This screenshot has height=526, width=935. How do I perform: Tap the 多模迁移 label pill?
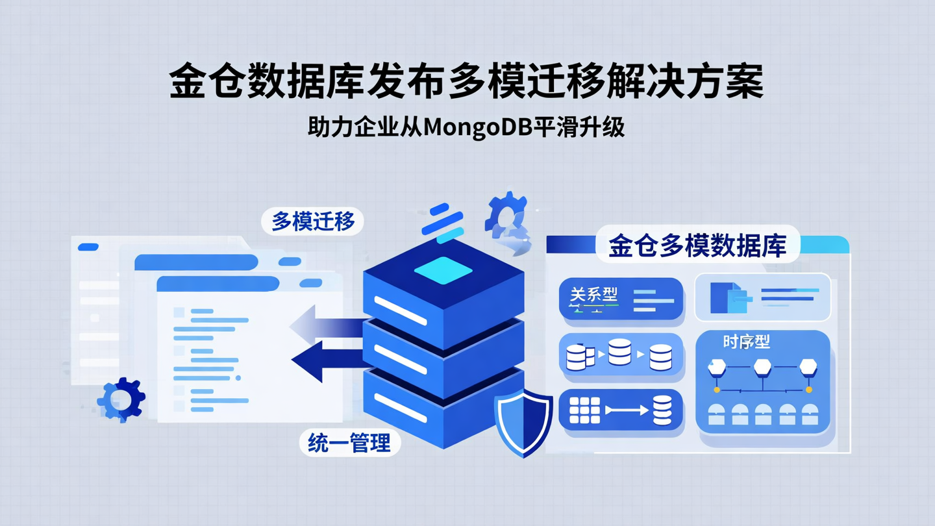[313, 222]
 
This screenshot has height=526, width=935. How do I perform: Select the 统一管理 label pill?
[349, 444]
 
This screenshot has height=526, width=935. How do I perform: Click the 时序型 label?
[746, 342]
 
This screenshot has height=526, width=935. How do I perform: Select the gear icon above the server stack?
[506, 212]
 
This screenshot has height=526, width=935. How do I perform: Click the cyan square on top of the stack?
[443, 269]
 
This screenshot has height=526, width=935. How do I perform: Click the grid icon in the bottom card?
[584, 410]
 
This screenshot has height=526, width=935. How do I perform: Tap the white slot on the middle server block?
[401, 358]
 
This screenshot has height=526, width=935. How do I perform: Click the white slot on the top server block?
[401, 310]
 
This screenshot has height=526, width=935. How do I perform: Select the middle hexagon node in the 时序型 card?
[762, 368]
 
